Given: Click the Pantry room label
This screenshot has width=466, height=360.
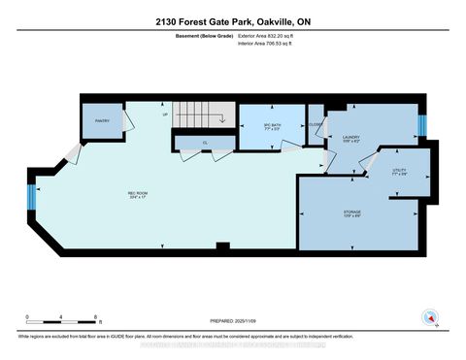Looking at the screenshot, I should click(102, 121).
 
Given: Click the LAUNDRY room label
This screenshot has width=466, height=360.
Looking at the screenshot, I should click(351, 139).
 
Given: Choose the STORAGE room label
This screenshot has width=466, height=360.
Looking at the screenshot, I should click(352, 215).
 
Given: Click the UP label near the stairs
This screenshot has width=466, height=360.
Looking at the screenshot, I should click(166, 114).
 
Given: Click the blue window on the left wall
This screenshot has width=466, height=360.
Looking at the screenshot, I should click(32, 198).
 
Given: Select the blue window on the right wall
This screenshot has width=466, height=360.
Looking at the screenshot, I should click(421, 126).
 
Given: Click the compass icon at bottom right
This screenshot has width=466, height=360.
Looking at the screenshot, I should click(428, 316).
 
